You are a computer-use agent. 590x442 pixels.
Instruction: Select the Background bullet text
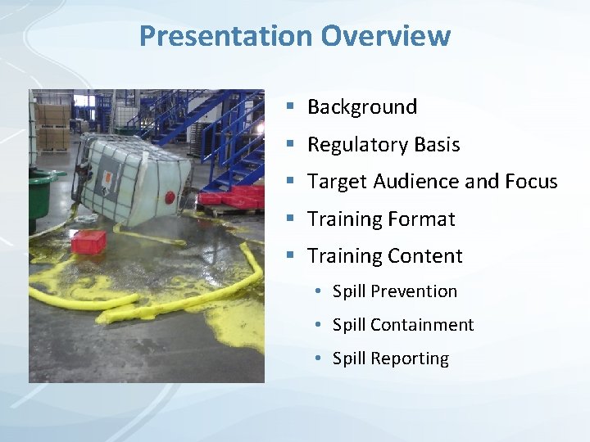click(362, 106)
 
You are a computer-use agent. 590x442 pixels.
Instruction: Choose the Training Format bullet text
click(381, 219)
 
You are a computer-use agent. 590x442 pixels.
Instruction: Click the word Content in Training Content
click(427, 256)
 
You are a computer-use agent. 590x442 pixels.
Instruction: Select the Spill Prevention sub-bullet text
click(395, 291)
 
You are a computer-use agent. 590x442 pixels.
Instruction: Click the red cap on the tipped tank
click(170, 197)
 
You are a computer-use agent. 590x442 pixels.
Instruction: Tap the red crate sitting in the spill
click(88, 241)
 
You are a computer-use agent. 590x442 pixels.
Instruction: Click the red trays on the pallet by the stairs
click(234, 196)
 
